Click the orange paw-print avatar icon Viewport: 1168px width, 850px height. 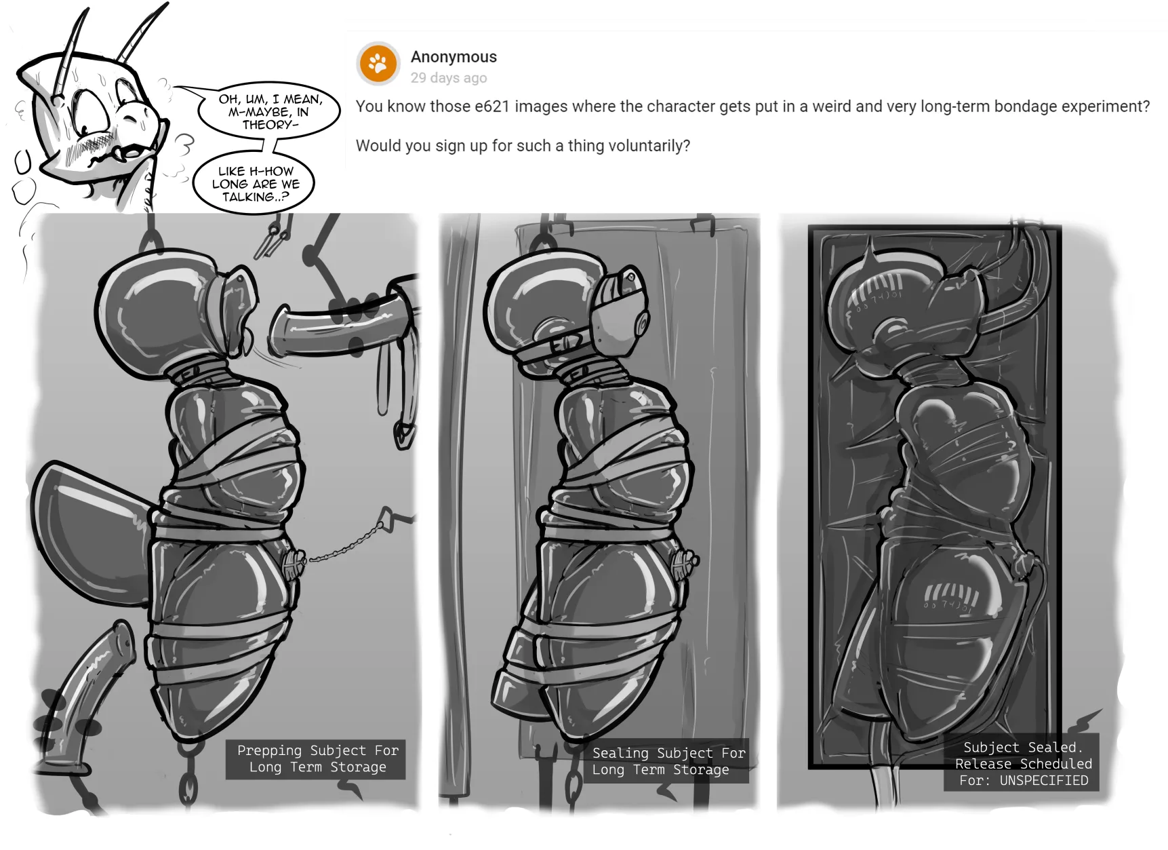click(x=378, y=64)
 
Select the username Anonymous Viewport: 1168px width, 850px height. click(x=454, y=57)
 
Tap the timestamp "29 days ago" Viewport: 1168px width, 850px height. click(x=449, y=78)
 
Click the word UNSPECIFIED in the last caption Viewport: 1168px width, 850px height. click(x=1044, y=780)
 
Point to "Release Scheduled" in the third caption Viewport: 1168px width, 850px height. click(x=1024, y=764)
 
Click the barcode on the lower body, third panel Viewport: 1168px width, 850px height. click(x=951, y=598)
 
